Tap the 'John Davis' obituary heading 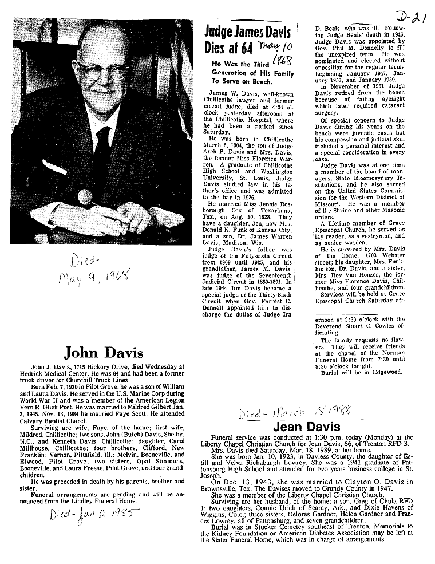(103, 352)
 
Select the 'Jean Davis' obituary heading (306, 427)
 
